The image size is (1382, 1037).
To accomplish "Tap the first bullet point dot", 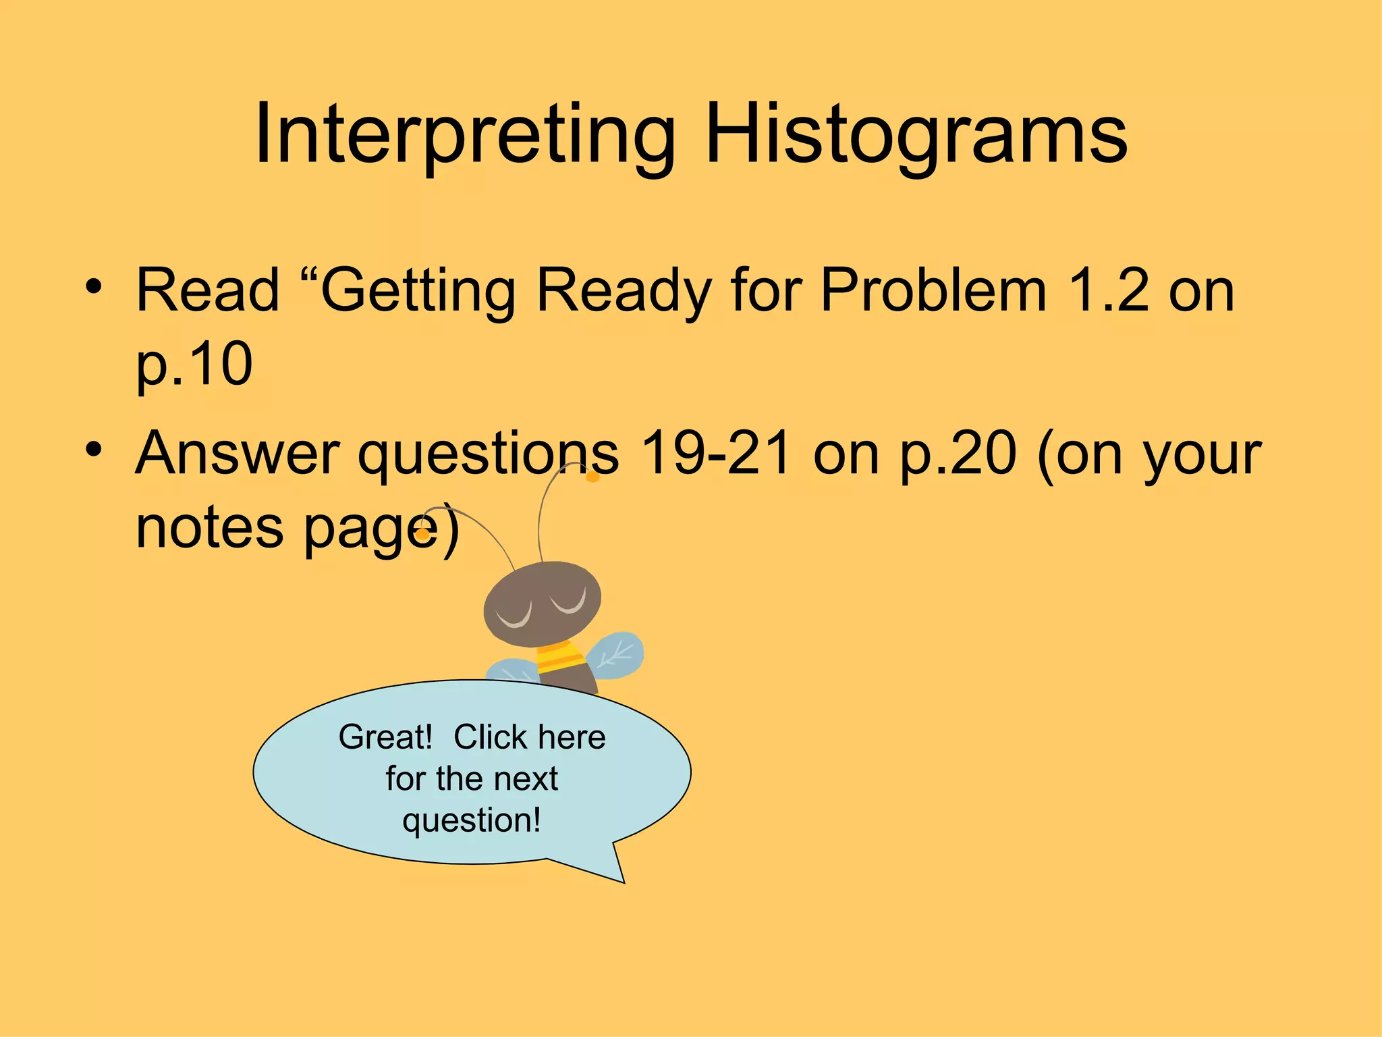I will pyautogui.click(x=94, y=286).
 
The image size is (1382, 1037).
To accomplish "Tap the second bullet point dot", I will pyautogui.click(x=94, y=449).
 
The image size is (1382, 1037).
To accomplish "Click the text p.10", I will pyautogui.click(x=194, y=365).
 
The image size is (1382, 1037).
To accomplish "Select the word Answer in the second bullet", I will pyautogui.click(x=237, y=454).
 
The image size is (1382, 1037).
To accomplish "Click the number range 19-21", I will pyautogui.click(x=716, y=454).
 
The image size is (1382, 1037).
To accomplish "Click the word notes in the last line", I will pyautogui.click(x=209, y=528).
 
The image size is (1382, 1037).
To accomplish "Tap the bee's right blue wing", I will pyautogui.click(x=616, y=654).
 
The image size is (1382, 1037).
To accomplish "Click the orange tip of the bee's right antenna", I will pyautogui.click(x=592, y=477).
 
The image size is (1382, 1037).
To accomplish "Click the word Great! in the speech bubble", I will pyautogui.click(x=385, y=737).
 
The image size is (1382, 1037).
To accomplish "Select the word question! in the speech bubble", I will pyautogui.click(x=472, y=820).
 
